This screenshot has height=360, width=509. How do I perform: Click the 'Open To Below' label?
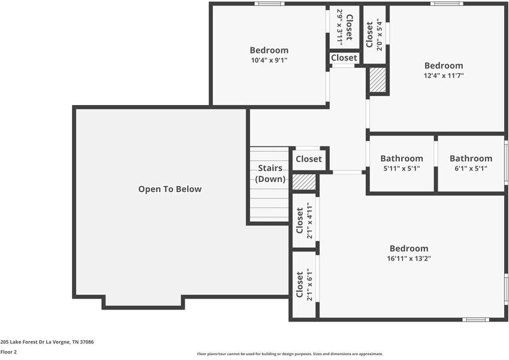[x=170, y=189]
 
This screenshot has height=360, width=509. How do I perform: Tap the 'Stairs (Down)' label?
[x=270, y=173]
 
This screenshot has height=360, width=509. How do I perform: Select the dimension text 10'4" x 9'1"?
[x=269, y=60]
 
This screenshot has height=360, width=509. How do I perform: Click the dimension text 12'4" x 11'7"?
[x=444, y=76]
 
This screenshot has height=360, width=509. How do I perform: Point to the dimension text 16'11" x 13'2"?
[x=409, y=259]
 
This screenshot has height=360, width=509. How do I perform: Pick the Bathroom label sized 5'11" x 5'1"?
[x=401, y=158]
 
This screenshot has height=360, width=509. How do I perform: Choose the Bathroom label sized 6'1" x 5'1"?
[x=471, y=158]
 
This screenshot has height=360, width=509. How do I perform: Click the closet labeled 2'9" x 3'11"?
[x=344, y=27]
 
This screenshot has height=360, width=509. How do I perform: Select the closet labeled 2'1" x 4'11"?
[x=304, y=222]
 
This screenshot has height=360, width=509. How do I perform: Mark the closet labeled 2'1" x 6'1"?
[x=304, y=284]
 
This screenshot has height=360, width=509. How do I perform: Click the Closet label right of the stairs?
[x=309, y=159]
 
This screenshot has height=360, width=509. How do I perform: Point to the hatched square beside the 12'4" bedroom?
[x=377, y=80]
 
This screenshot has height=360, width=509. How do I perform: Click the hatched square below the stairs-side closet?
[x=304, y=182]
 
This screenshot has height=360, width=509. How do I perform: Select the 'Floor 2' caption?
[x=8, y=352]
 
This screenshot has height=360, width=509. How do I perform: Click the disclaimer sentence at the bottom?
[x=290, y=354]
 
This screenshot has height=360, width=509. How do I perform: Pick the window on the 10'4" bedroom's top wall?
[x=269, y=4]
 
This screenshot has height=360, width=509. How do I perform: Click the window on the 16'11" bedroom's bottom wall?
[x=475, y=319]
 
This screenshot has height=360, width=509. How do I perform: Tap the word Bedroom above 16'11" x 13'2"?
[x=409, y=248]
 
